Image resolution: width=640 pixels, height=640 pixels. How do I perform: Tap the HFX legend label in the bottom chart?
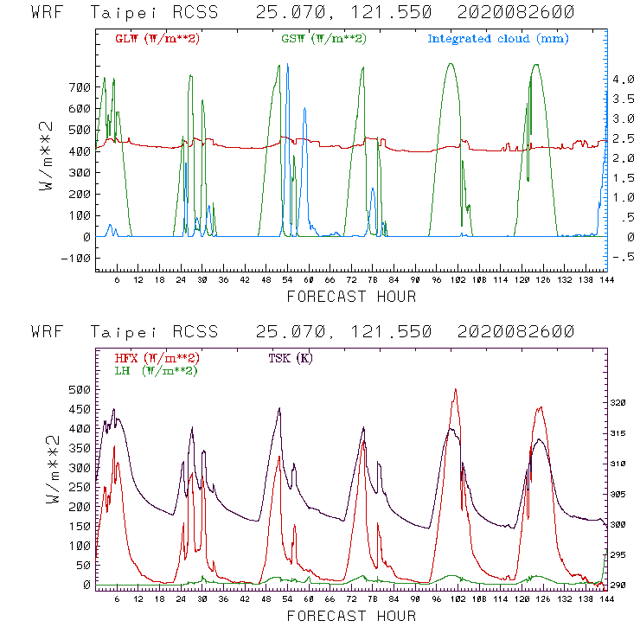coord(157,358)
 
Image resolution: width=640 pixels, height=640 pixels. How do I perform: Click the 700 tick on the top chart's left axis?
coord(78,87)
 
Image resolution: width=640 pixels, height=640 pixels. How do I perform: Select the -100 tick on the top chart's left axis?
coord(74,258)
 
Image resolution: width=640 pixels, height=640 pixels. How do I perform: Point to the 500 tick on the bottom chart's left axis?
coord(78,389)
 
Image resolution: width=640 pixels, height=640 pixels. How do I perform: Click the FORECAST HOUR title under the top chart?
coord(351,298)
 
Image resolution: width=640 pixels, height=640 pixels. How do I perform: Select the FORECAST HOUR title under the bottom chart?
coord(351,617)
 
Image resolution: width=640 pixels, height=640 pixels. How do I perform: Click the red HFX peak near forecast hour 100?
coord(455,390)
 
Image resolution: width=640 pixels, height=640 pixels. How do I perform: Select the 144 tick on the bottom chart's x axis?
coord(606,598)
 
